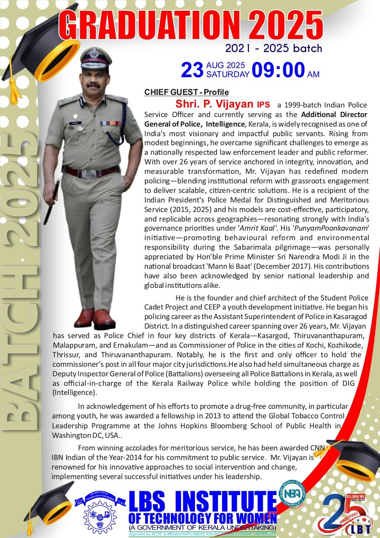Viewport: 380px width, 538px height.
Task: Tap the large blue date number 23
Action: pos(192,70)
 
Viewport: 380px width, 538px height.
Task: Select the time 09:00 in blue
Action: pos(278,70)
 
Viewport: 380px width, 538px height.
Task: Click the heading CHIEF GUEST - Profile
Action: pos(186,92)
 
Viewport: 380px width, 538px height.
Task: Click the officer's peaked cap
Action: pos(96,59)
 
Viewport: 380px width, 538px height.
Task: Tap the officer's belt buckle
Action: pos(90,173)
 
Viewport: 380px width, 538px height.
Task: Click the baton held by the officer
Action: pos(52,202)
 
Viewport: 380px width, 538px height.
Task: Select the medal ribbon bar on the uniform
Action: pos(111,123)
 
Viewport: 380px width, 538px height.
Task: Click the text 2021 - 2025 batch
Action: pos(273,48)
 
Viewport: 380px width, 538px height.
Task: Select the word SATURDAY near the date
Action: pos(227,74)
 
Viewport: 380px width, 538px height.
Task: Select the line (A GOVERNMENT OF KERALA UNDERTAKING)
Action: pos(202,528)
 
